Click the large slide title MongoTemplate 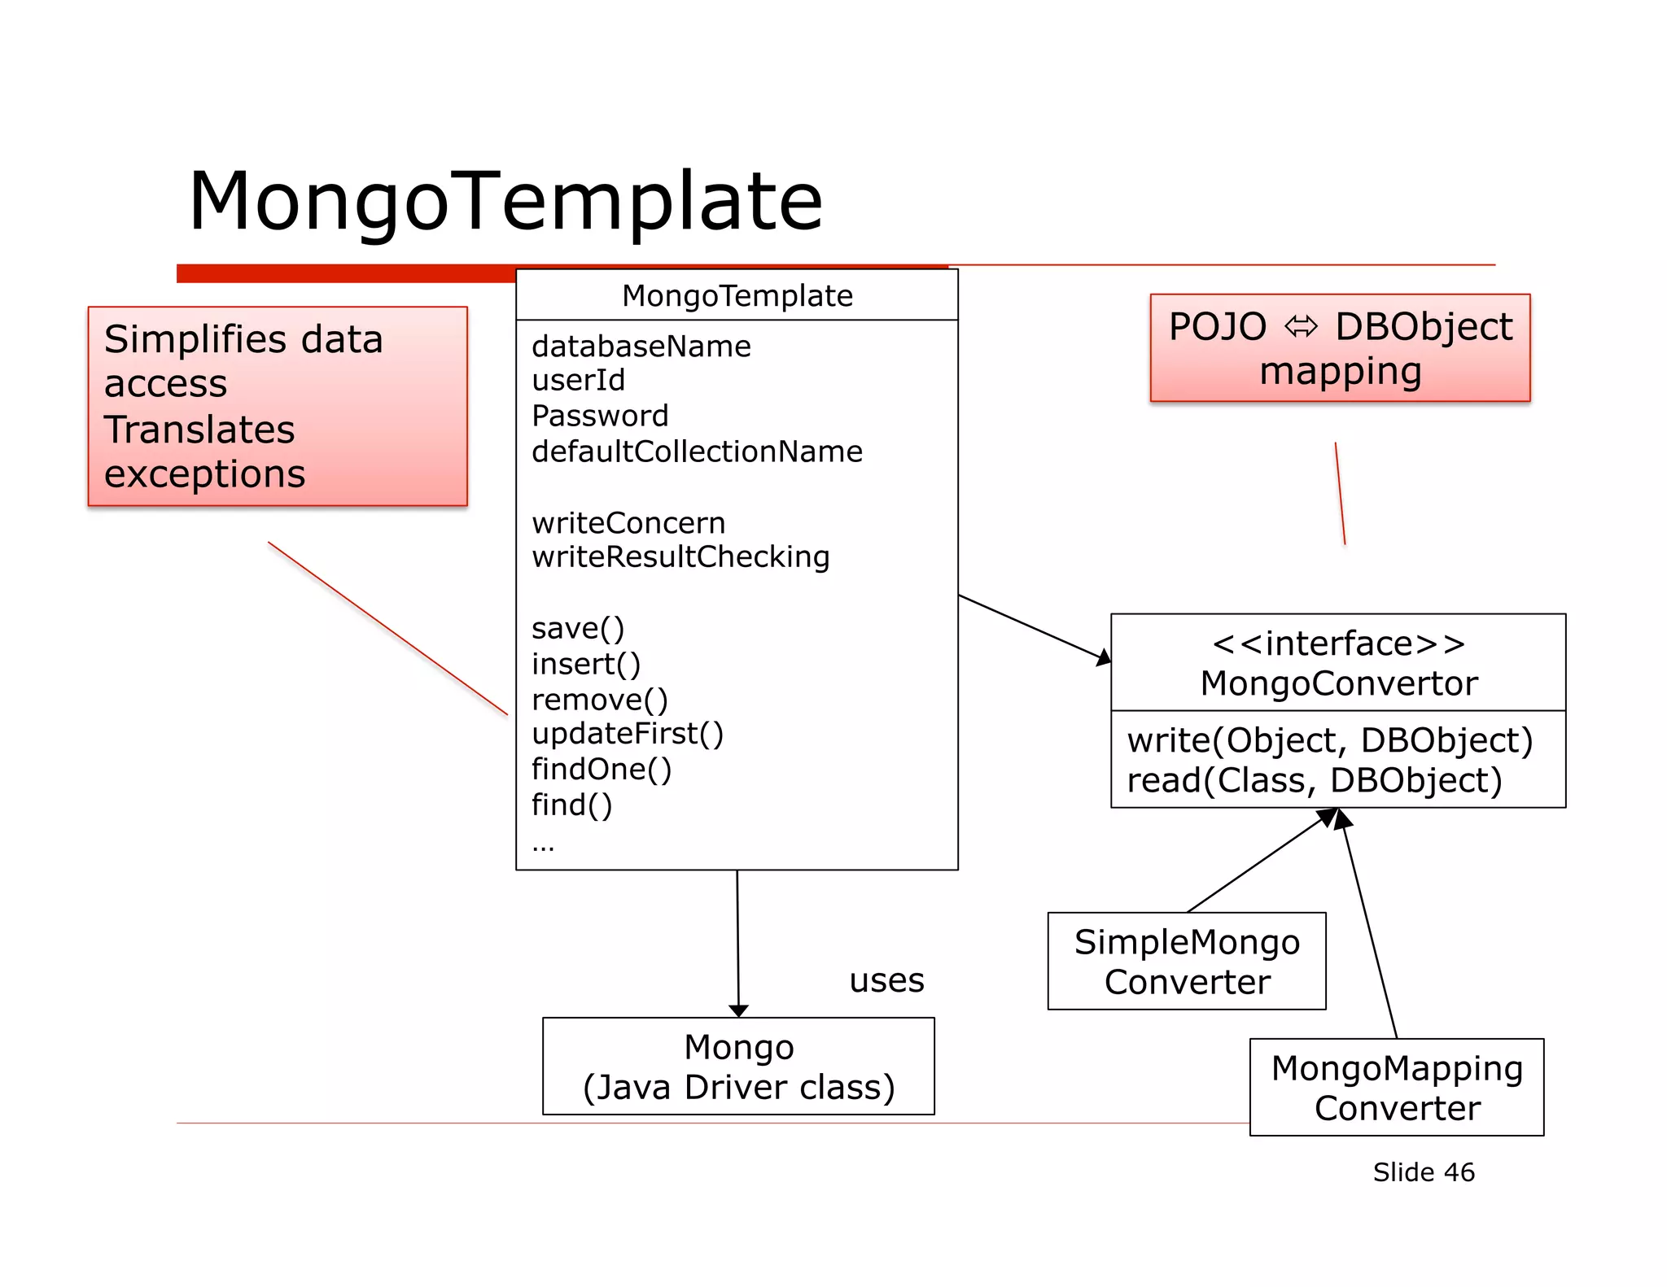(505, 202)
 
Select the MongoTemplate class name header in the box (737, 296)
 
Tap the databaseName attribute (641, 347)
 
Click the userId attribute (578, 381)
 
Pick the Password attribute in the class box (600, 416)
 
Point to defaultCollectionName (697, 452)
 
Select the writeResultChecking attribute (680, 557)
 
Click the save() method (577, 629)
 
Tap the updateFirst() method (627, 734)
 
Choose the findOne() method (601, 770)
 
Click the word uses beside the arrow (886, 981)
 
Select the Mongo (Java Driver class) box (738, 1067)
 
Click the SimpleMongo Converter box (1187, 962)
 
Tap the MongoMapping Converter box (1397, 1088)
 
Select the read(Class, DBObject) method (1314, 781)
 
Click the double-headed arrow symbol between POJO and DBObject (1301, 327)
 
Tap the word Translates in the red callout (199, 430)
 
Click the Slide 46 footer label (1423, 1172)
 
